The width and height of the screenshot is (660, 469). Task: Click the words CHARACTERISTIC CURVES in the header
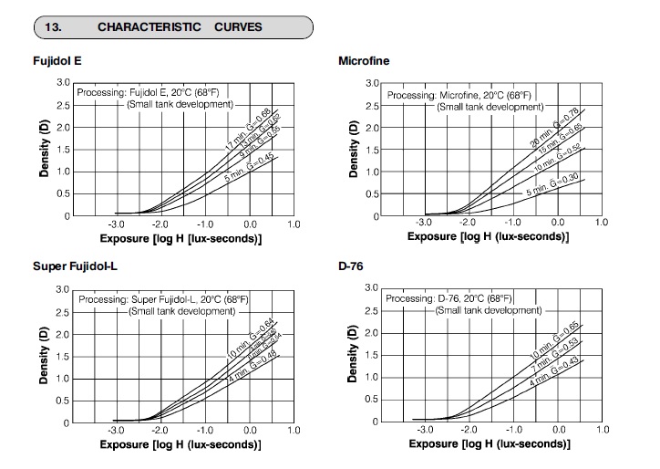click(x=179, y=26)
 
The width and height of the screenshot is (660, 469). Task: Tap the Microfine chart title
click(x=364, y=61)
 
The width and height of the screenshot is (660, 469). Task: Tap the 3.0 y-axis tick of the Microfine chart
click(x=372, y=84)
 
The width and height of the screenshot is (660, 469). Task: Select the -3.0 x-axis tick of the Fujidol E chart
click(x=116, y=224)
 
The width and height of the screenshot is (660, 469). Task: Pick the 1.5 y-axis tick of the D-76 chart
click(x=372, y=356)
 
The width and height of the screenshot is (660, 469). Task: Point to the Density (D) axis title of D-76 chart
click(x=351, y=356)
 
